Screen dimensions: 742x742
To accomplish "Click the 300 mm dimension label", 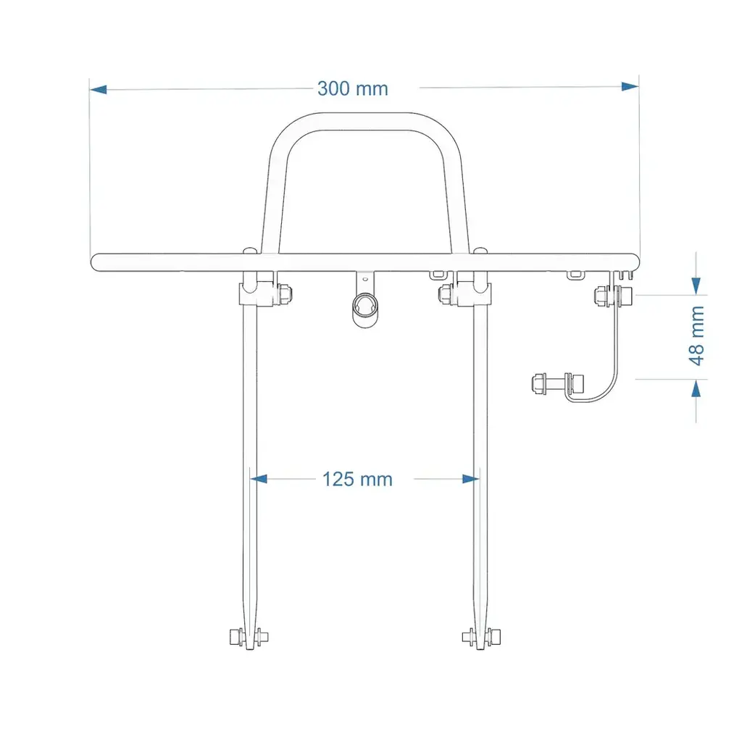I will pyautogui.click(x=353, y=88).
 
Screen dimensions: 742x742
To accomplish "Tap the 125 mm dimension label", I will pyautogui.click(x=357, y=479).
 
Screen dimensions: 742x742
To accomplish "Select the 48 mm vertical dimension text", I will pyautogui.click(x=696, y=335).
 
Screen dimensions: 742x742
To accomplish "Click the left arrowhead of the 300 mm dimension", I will pyautogui.click(x=99, y=89).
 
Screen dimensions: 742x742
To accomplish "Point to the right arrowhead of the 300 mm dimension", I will pyautogui.click(x=630, y=86).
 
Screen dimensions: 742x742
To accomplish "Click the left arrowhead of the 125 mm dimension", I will pyautogui.click(x=259, y=479).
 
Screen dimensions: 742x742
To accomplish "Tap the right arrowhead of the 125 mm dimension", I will pyautogui.click(x=470, y=478).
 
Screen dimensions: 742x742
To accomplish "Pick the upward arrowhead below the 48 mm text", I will pyautogui.click(x=696, y=389).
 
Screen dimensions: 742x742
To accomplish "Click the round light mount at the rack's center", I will pyautogui.click(x=365, y=309).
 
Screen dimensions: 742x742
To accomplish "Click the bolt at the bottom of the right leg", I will pyautogui.click(x=480, y=637).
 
